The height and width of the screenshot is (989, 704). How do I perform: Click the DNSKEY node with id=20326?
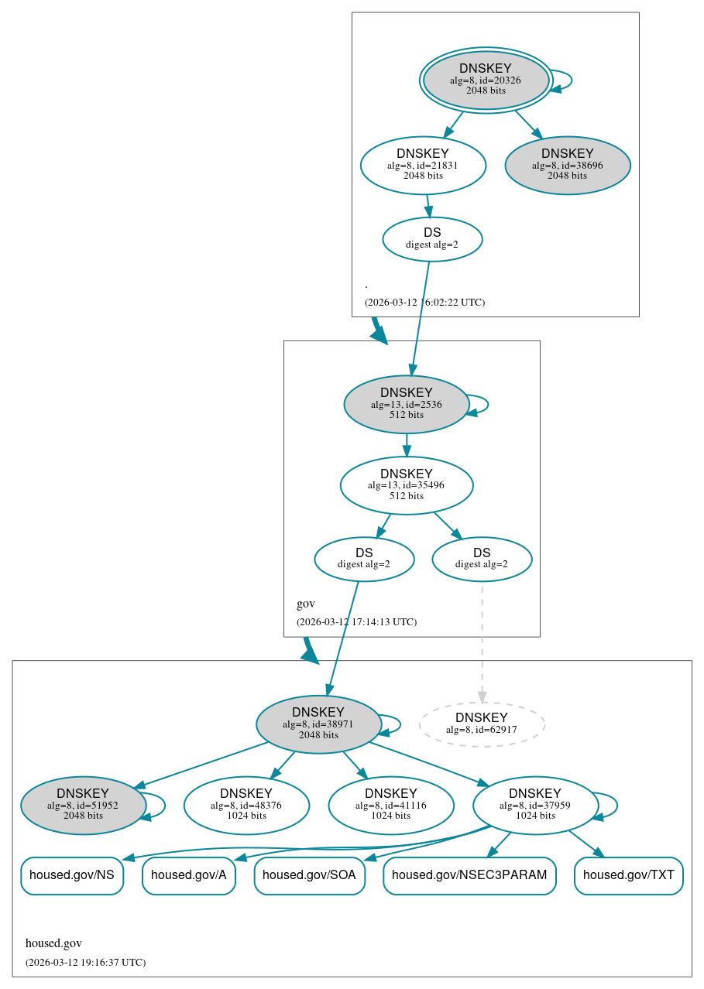click(x=486, y=80)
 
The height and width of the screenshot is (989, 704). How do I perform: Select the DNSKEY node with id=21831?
click(x=423, y=165)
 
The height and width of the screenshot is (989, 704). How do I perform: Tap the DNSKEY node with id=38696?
click(x=567, y=165)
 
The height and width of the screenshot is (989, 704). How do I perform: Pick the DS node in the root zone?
click(x=432, y=238)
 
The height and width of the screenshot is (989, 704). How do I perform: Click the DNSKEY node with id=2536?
click(x=406, y=404)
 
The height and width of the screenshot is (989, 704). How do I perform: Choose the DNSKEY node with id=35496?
click(x=406, y=485)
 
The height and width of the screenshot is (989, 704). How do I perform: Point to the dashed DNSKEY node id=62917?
click(x=482, y=724)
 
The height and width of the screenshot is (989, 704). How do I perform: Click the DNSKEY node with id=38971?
click(x=318, y=724)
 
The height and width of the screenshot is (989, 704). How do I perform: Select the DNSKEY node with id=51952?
click(x=83, y=805)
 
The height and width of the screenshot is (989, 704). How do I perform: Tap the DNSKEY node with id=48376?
click(x=246, y=805)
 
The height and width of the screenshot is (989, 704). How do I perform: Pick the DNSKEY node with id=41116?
click(x=390, y=805)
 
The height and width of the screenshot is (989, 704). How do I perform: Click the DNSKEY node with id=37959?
click(x=535, y=805)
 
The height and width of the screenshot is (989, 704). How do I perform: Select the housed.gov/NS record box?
click(x=72, y=875)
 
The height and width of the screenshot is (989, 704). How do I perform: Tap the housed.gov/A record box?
click(x=188, y=875)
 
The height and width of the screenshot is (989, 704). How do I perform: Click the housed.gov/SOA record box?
click(x=309, y=875)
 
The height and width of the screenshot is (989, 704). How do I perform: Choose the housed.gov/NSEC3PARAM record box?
click(x=469, y=875)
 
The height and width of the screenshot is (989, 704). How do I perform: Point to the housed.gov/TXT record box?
click(x=628, y=875)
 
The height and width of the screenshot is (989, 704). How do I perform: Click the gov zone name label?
click(x=305, y=604)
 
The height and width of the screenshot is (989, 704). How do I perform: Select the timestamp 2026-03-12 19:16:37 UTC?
click(x=85, y=962)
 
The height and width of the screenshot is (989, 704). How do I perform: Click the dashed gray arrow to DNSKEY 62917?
click(x=482, y=642)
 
